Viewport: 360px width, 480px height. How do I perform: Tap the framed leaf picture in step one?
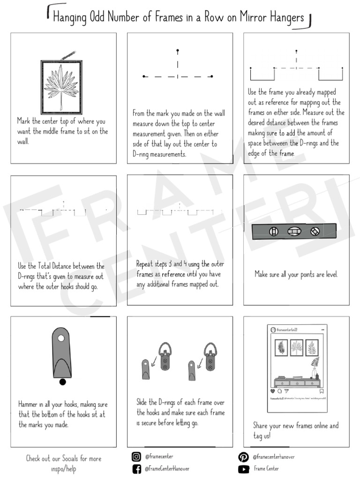(61, 87)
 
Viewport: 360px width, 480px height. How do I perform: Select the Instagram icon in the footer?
(136, 457)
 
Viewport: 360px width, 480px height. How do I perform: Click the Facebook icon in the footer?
(136, 469)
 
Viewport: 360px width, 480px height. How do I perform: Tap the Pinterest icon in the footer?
(243, 457)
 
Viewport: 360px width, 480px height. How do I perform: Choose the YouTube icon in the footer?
(243, 469)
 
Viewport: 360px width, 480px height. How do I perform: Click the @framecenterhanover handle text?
(274, 457)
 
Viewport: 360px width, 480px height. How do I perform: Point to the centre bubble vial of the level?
(294, 231)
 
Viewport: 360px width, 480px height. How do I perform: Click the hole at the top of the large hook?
(61, 337)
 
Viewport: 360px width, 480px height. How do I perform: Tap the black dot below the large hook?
(62, 382)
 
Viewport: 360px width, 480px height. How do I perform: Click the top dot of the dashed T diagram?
(177, 50)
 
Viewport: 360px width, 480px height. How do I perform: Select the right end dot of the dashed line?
(212, 76)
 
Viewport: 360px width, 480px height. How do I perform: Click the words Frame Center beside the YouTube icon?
(266, 469)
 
